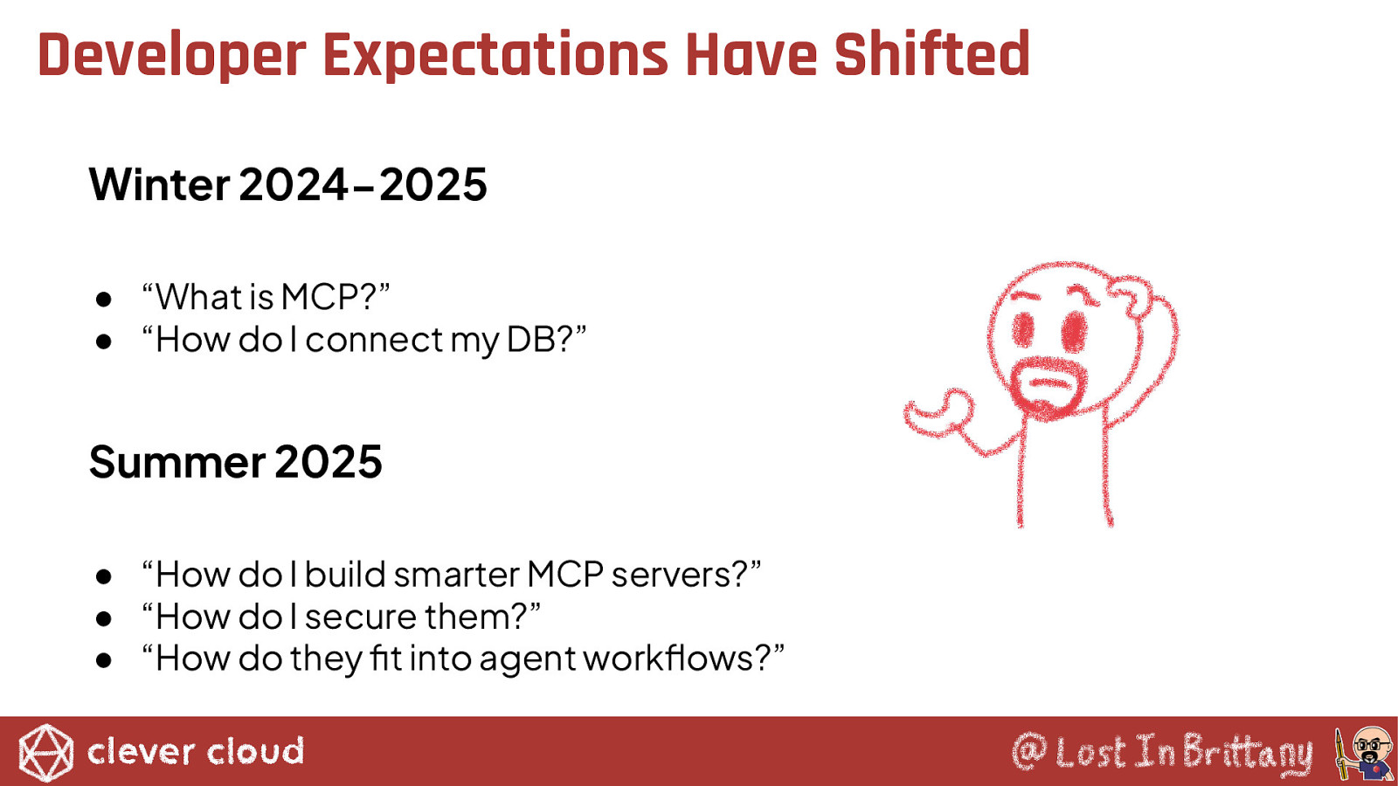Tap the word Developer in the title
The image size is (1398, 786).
pos(171,56)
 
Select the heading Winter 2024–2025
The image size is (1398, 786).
pos(287,184)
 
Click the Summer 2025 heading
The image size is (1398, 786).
pos(235,462)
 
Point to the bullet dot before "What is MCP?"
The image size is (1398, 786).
pos(104,300)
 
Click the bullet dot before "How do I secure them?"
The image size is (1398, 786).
pos(104,619)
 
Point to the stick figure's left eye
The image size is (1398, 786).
pos(1023,328)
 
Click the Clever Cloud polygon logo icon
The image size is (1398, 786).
pos(45,753)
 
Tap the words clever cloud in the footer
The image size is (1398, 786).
pos(196,752)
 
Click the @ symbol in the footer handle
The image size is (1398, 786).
pos(1029,752)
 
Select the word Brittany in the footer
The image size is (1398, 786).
pos(1247,754)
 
